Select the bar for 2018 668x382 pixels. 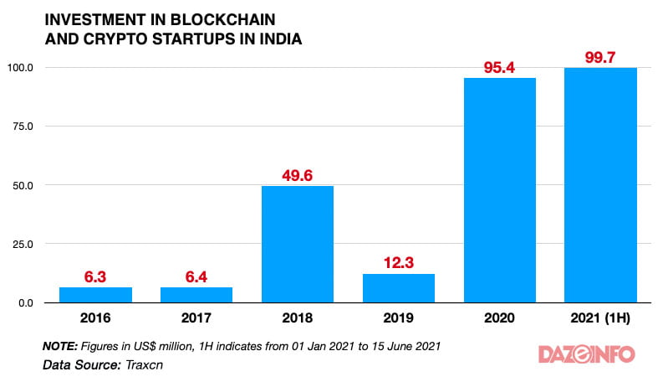click(x=298, y=244)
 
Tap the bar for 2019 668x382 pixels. click(x=398, y=288)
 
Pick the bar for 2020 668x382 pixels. click(x=500, y=190)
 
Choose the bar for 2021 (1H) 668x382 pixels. click(x=600, y=185)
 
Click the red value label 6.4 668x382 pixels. click(x=196, y=276)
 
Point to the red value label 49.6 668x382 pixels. click(x=298, y=175)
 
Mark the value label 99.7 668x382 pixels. click(x=600, y=57)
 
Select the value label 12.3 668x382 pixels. click(x=398, y=263)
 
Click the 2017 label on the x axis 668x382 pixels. click(x=196, y=318)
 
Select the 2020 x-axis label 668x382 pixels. click(x=500, y=318)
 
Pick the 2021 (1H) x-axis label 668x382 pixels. click(x=600, y=318)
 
